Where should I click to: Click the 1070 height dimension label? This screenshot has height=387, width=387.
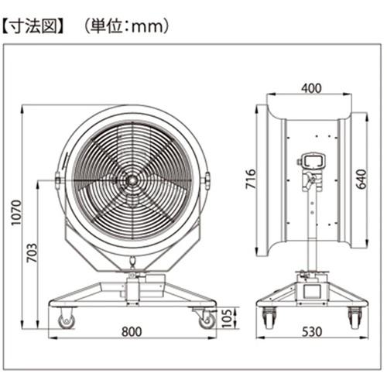pos(16,212)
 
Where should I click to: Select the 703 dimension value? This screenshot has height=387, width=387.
pos(32,252)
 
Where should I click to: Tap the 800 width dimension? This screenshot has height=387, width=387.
pos(132,332)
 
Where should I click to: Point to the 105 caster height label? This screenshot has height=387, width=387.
pos(228,318)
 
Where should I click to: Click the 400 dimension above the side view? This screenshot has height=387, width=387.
pos(311,88)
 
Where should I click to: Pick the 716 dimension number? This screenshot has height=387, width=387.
pos(251,179)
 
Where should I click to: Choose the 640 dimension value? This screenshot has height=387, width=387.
pos(361,179)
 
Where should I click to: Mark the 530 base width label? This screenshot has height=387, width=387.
pos(312,332)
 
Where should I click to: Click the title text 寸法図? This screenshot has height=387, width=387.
pos(33,26)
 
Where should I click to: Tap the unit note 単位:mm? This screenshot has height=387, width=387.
pos(128,26)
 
